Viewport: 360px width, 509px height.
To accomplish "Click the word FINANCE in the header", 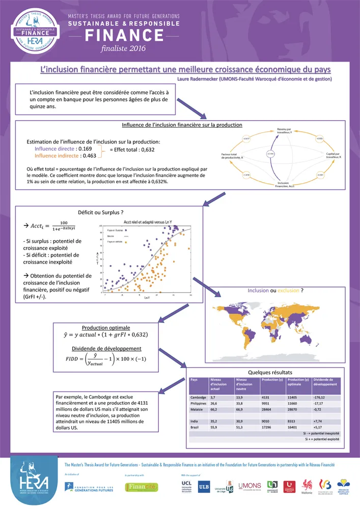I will (x=124, y=35).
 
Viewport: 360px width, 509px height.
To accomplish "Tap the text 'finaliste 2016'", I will (x=124, y=48).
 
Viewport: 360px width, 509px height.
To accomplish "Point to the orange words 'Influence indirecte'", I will (x=53, y=156).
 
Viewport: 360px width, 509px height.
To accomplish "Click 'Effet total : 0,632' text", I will (x=132, y=150).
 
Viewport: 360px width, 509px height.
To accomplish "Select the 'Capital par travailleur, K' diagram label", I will (x=333, y=155).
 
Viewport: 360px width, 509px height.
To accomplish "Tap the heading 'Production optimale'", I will (x=106, y=328).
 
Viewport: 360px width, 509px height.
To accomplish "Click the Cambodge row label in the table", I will (x=198, y=397).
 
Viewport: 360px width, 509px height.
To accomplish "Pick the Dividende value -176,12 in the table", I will (x=322, y=397).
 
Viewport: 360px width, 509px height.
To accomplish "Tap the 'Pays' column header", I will (x=193, y=380).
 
